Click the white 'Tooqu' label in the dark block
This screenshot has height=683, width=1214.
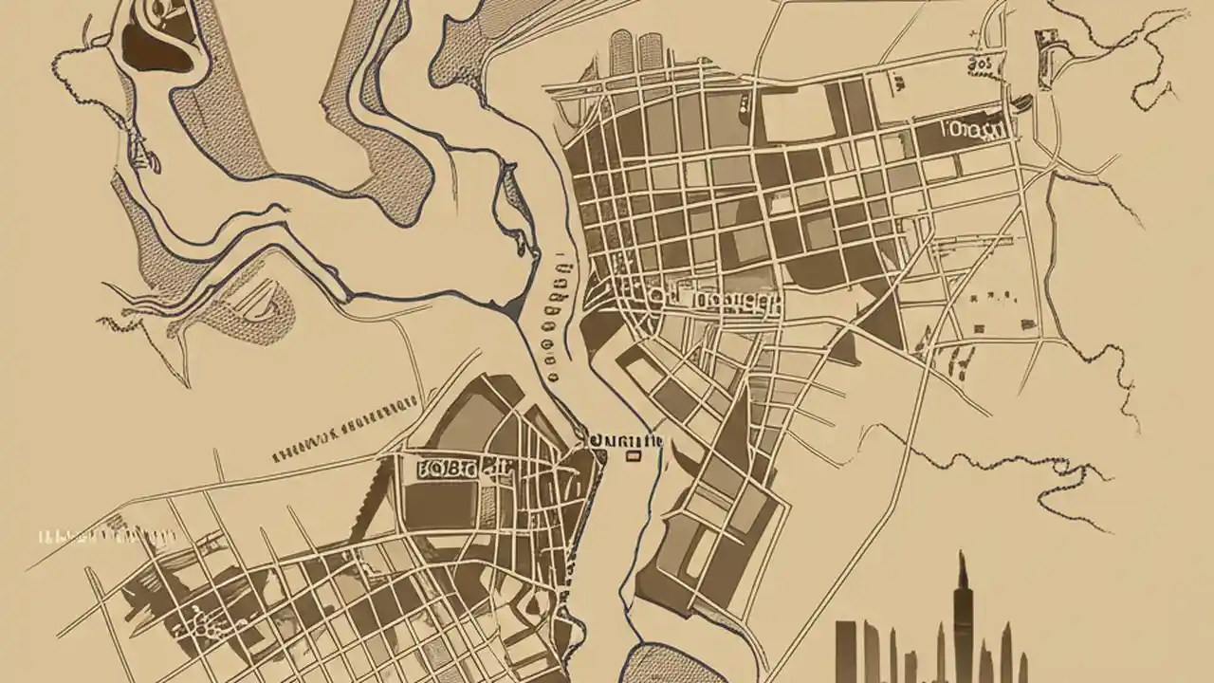pyautogui.click(x=972, y=130)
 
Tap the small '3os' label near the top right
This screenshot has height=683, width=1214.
pyautogui.click(x=981, y=64)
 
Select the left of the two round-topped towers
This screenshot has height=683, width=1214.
pyautogui.click(x=622, y=51)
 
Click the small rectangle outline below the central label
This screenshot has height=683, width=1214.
pyautogui.click(x=633, y=457)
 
